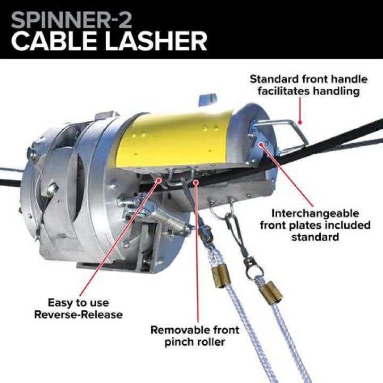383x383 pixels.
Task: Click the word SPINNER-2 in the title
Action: point(71,21)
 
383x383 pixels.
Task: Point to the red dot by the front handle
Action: point(300,123)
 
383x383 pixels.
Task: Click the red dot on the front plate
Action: point(261,144)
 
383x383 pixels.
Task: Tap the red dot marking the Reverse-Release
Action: point(159,180)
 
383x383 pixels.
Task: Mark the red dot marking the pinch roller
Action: point(196,182)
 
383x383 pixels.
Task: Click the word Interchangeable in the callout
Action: point(315,213)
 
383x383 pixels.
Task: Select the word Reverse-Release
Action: point(78,314)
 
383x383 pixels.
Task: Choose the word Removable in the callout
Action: point(180,330)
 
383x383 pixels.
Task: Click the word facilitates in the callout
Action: point(284,91)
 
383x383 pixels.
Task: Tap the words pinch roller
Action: point(195,342)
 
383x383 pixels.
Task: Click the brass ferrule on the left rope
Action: point(220,277)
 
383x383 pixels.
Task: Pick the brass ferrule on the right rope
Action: point(270,293)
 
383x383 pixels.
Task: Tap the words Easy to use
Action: point(78,303)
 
